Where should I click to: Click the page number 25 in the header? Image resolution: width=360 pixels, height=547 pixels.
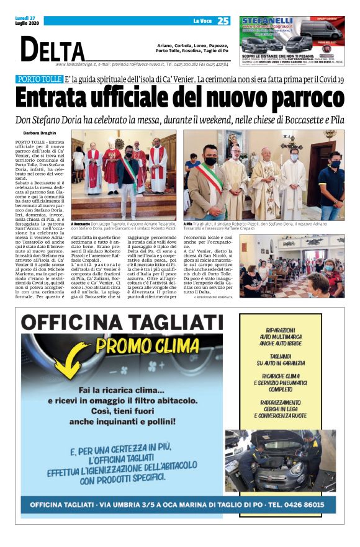coord(223,21)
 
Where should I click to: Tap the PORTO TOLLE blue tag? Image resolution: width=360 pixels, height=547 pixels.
coord(38,80)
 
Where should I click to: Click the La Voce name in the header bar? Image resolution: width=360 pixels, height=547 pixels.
coord(202,21)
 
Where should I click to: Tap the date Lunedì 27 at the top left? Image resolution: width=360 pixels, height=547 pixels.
coord(25,19)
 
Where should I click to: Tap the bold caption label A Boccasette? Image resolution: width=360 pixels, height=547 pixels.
coord(81,223)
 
